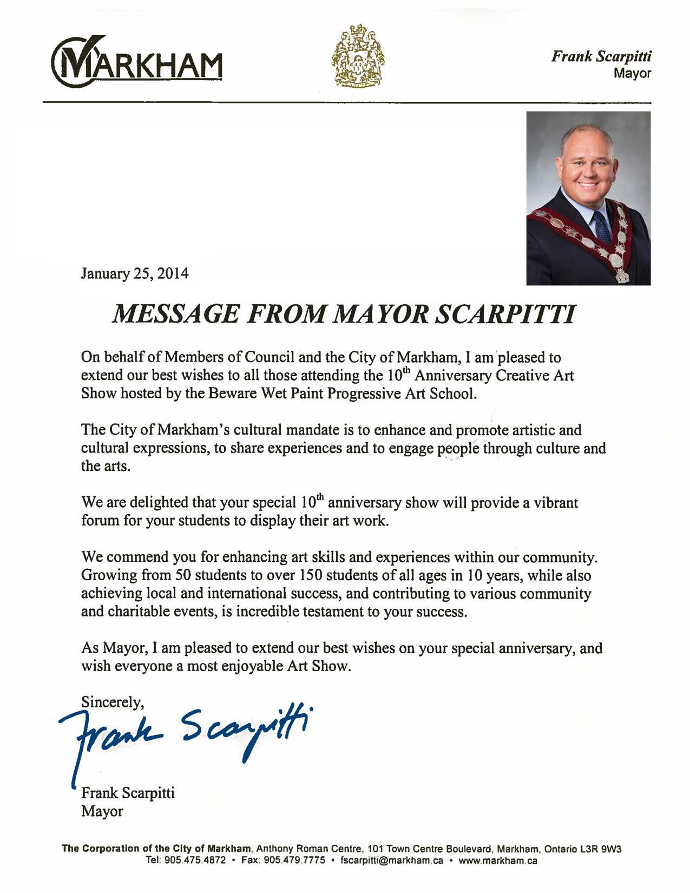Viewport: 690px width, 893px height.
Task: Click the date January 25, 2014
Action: click(x=135, y=273)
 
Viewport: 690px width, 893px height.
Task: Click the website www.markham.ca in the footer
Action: click(x=497, y=861)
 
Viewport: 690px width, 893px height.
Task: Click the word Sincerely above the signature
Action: click(x=112, y=702)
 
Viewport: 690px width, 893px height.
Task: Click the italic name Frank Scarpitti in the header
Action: click(x=601, y=56)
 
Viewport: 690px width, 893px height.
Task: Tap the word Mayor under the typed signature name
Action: click(x=102, y=811)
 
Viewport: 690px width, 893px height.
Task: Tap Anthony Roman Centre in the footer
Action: click(x=307, y=849)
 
